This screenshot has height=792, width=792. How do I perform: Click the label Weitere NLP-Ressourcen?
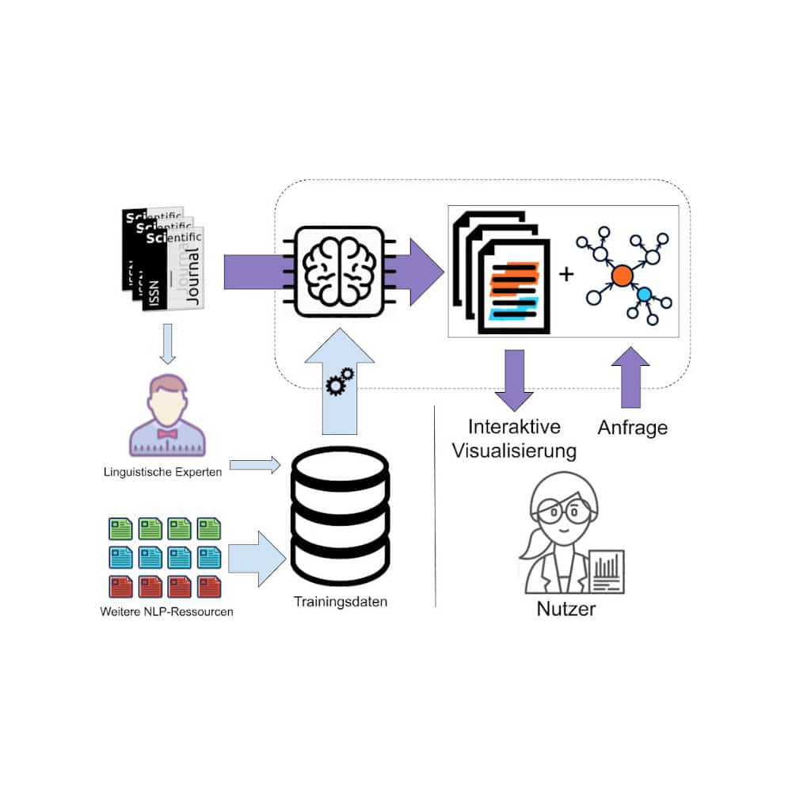click(166, 612)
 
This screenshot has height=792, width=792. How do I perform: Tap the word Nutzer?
click(565, 609)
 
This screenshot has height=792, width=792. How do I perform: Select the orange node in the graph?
click(622, 275)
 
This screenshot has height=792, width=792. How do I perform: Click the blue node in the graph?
click(644, 295)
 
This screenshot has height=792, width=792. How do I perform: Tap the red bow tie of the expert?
click(167, 433)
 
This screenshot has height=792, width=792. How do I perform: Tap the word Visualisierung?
click(513, 451)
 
